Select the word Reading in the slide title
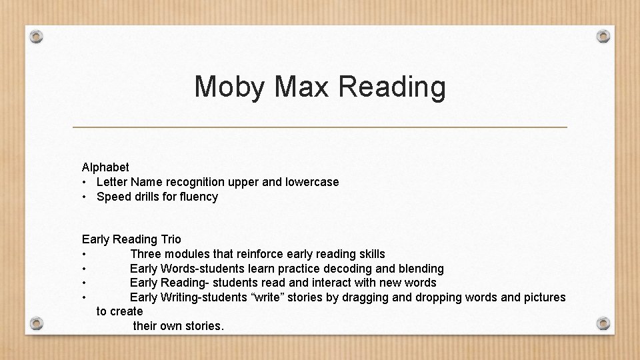coord(392,87)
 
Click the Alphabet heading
coord(105,167)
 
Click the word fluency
coord(198,197)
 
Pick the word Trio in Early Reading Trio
coord(170,239)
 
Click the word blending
coord(421,269)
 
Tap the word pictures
coord(543,297)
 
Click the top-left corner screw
coord(37,36)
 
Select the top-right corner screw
coord(603,36)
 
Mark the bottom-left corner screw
coord(37,323)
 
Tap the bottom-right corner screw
coord(603,323)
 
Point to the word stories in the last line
coord(204,326)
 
